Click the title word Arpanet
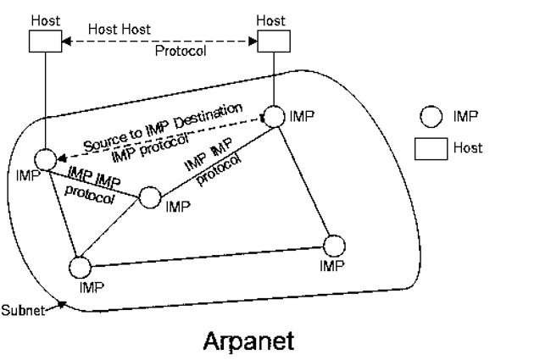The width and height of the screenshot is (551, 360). pos(248,341)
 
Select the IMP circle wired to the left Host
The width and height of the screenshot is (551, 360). pos(45,158)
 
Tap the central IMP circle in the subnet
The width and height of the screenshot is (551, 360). pos(150,198)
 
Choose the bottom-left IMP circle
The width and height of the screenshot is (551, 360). pos(79,268)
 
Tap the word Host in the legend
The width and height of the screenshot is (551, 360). pos(468,147)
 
